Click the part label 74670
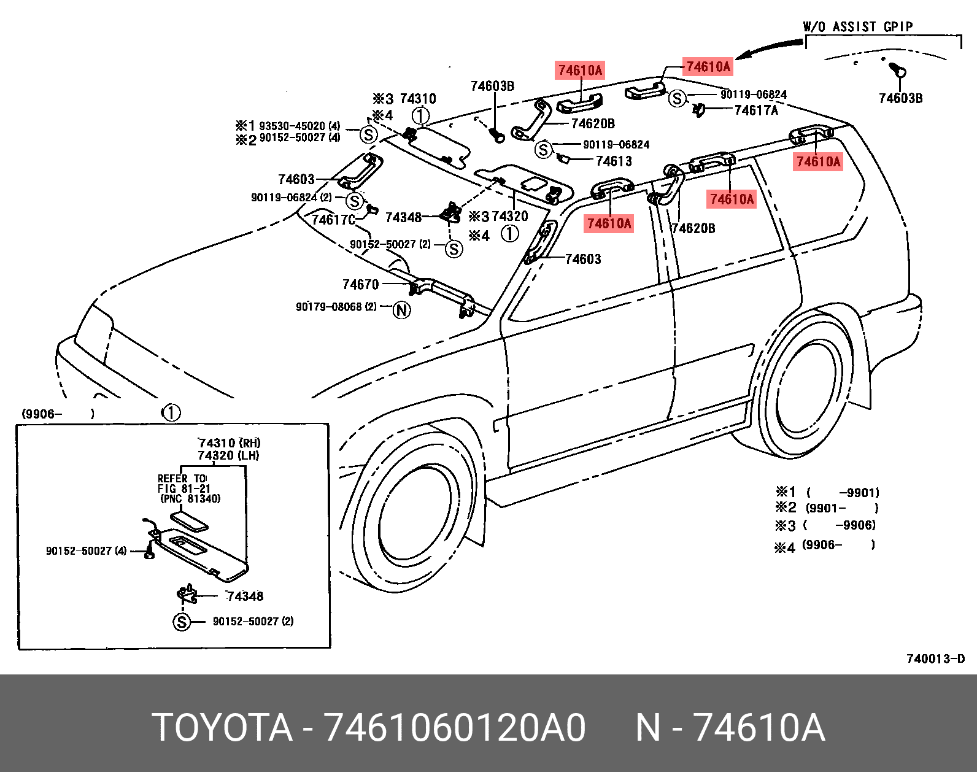click(360, 284)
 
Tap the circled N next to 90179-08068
click(401, 310)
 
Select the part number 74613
click(614, 161)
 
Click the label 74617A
click(756, 110)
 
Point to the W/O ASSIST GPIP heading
click(858, 26)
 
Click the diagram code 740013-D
click(935, 658)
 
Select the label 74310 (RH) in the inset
click(229, 442)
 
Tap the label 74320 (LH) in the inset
click(228, 455)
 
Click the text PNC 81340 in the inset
click(190, 499)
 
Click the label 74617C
click(334, 219)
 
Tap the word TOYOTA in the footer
click(222, 728)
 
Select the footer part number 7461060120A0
click(455, 728)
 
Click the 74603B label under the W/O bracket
click(900, 98)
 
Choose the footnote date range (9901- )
click(841, 508)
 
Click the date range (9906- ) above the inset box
click(58, 414)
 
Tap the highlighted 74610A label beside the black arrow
click(708, 66)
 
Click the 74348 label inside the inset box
click(245, 596)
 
